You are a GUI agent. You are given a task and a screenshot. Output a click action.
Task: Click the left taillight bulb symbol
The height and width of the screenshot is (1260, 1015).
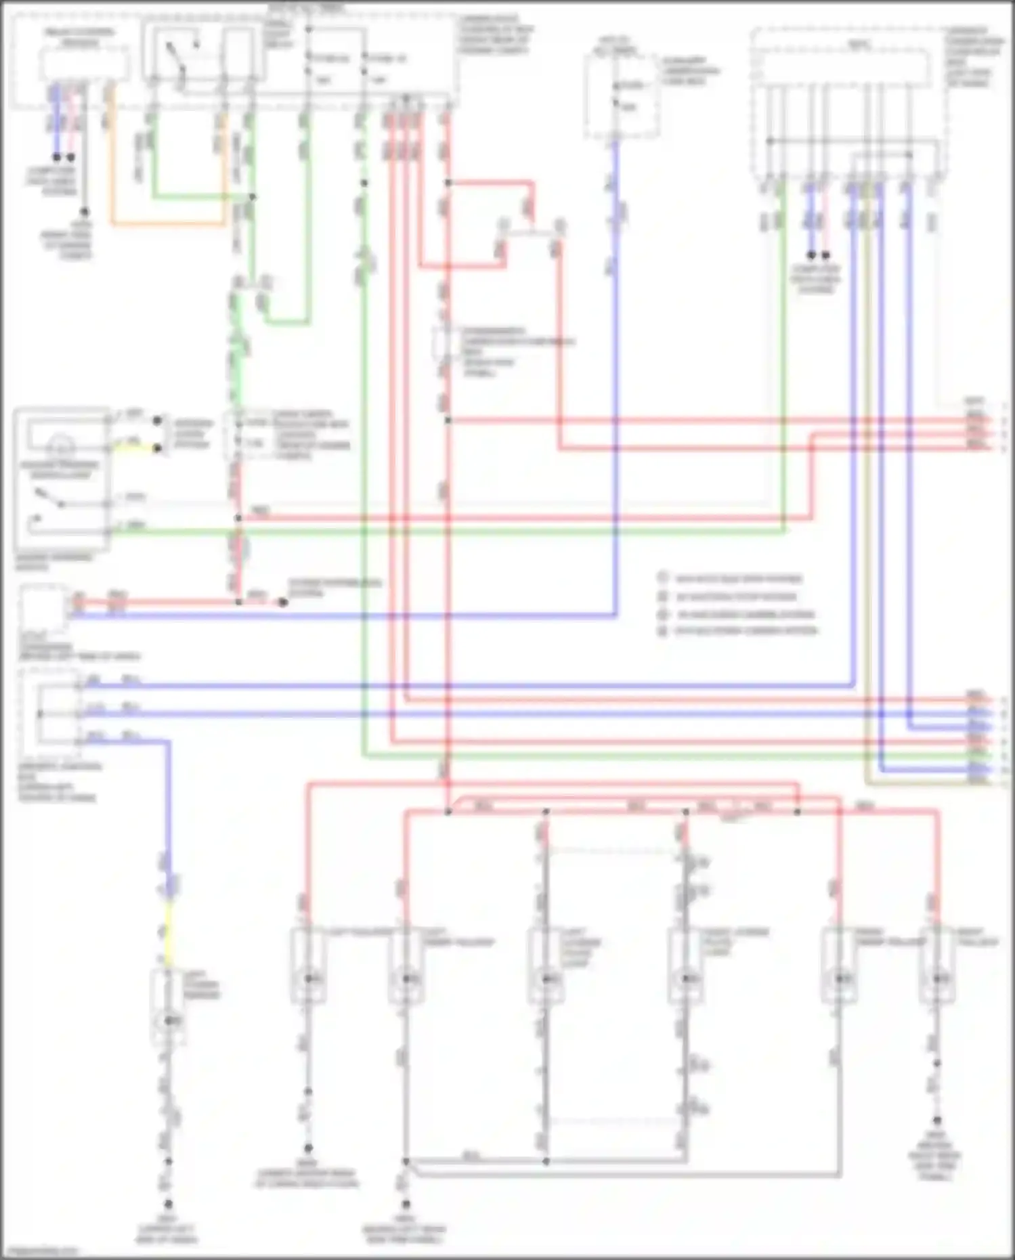(309, 978)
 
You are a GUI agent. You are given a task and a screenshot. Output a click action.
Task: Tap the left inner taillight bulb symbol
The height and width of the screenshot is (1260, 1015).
(406, 978)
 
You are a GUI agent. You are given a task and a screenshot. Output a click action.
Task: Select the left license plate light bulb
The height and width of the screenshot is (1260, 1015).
(546, 978)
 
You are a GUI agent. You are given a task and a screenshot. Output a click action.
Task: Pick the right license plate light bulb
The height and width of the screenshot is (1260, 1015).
(687, 978)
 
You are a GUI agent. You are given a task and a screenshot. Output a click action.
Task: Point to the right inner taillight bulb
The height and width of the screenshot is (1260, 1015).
(840, 978)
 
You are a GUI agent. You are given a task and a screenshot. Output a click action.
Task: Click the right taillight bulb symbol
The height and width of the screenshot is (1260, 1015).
(938, 978)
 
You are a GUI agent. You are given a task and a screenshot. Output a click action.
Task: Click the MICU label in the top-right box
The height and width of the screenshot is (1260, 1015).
(859, 45)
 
